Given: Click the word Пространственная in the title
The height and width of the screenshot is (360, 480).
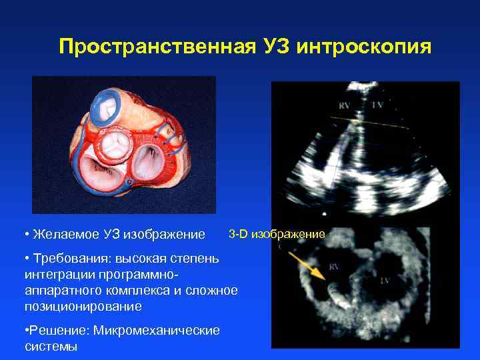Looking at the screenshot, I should coord(153,47).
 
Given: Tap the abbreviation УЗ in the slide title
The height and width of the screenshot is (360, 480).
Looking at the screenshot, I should coord(273,47).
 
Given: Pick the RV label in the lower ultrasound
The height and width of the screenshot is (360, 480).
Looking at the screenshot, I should coord(333,270).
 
